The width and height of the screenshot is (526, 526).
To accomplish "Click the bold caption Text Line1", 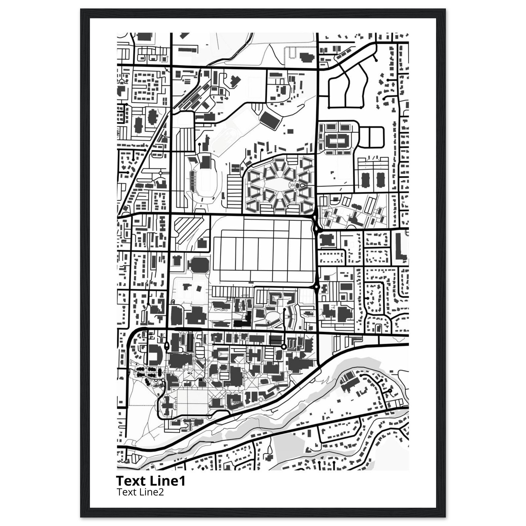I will [151, 481].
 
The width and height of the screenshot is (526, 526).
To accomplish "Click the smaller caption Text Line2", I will [140, 492].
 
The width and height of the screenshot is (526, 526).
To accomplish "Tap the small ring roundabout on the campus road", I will [284, 346].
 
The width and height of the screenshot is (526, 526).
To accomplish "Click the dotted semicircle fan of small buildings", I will [262, 407].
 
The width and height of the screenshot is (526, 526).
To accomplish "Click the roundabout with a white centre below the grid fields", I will [316, 287].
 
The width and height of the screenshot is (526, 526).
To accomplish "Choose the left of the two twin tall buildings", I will [364, 180].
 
